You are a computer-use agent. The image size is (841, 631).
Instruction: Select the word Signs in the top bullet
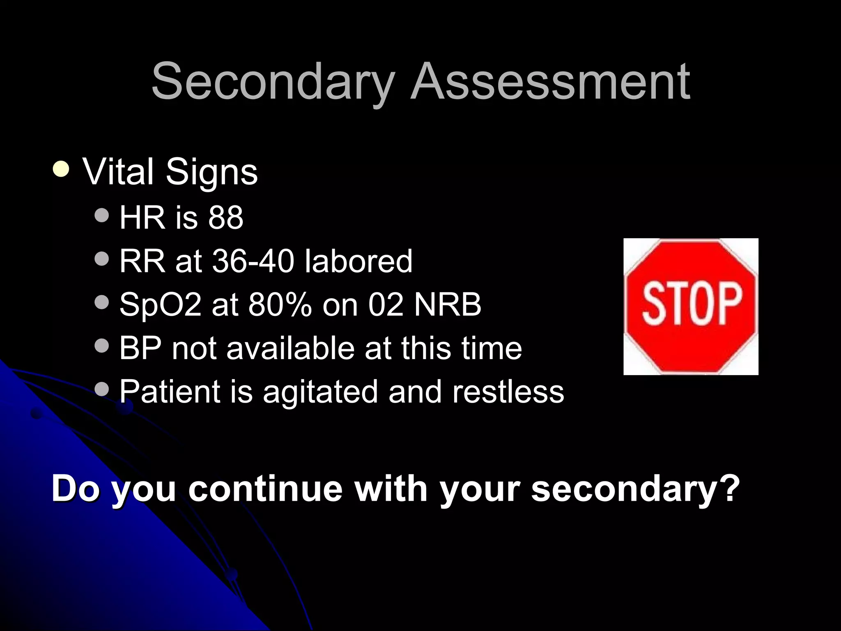click(211, 172)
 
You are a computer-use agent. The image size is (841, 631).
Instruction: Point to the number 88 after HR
click(225, 217)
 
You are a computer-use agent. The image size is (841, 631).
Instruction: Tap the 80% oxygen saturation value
click(280, 305)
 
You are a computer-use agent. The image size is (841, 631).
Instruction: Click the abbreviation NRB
click(447, 305)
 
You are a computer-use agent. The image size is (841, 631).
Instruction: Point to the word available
click(290, 348)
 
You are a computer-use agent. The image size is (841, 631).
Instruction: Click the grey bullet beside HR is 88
click(101, 214)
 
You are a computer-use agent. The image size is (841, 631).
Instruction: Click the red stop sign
click(691, 306)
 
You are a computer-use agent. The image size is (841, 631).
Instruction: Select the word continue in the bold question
click(265, 489)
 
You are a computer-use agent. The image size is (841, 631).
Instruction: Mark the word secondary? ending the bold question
click(635, 489)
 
